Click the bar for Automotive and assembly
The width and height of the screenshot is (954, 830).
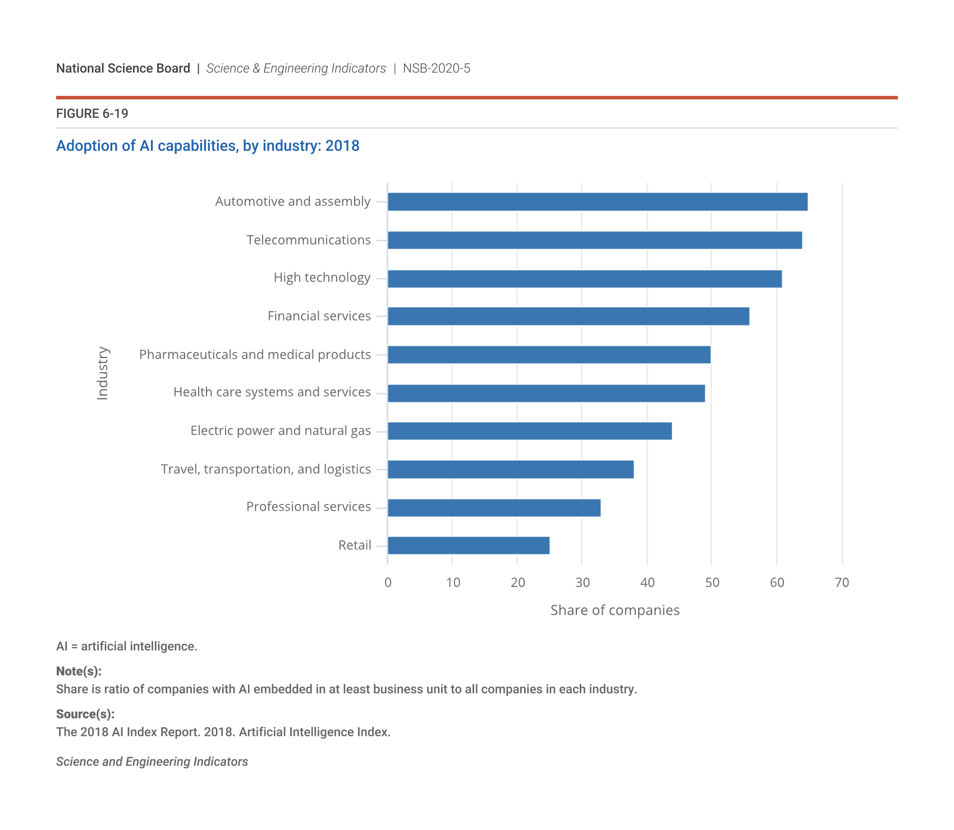click(x=597, y=202)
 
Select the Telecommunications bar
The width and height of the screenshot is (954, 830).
click(x=594, y=240)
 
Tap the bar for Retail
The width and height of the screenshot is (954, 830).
click(x=469, y=545)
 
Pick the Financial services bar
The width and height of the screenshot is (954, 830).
click(x=568, y=317)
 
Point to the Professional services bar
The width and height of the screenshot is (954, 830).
click(x=494, y=508)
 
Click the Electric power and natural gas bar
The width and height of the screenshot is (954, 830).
click(x=529, y=431)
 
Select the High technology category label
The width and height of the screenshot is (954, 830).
click(x=322, y=278)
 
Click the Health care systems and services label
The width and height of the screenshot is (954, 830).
click(x=272, y=392)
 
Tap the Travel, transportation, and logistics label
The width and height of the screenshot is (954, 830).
click(x=265, y=469)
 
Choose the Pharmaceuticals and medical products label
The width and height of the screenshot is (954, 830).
click(x=255, y=355)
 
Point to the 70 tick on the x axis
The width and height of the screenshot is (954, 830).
click(x=842, y=583)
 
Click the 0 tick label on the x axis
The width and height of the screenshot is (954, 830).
click(x=388, y=583)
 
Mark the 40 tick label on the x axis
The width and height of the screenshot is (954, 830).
click(x=647, y=583)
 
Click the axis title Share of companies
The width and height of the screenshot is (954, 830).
click(x=614, y=611)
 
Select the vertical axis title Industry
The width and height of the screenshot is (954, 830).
click(x=103, y=373)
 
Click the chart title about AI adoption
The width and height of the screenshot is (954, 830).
click(x=208, y=146)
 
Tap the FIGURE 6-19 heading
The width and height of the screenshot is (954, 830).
click(x=92, y=114)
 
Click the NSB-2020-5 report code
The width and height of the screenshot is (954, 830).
click(x=437, y=68)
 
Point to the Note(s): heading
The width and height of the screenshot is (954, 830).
click(x=79, y=672)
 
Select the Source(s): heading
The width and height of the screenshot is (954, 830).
click(x=85, y=714)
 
